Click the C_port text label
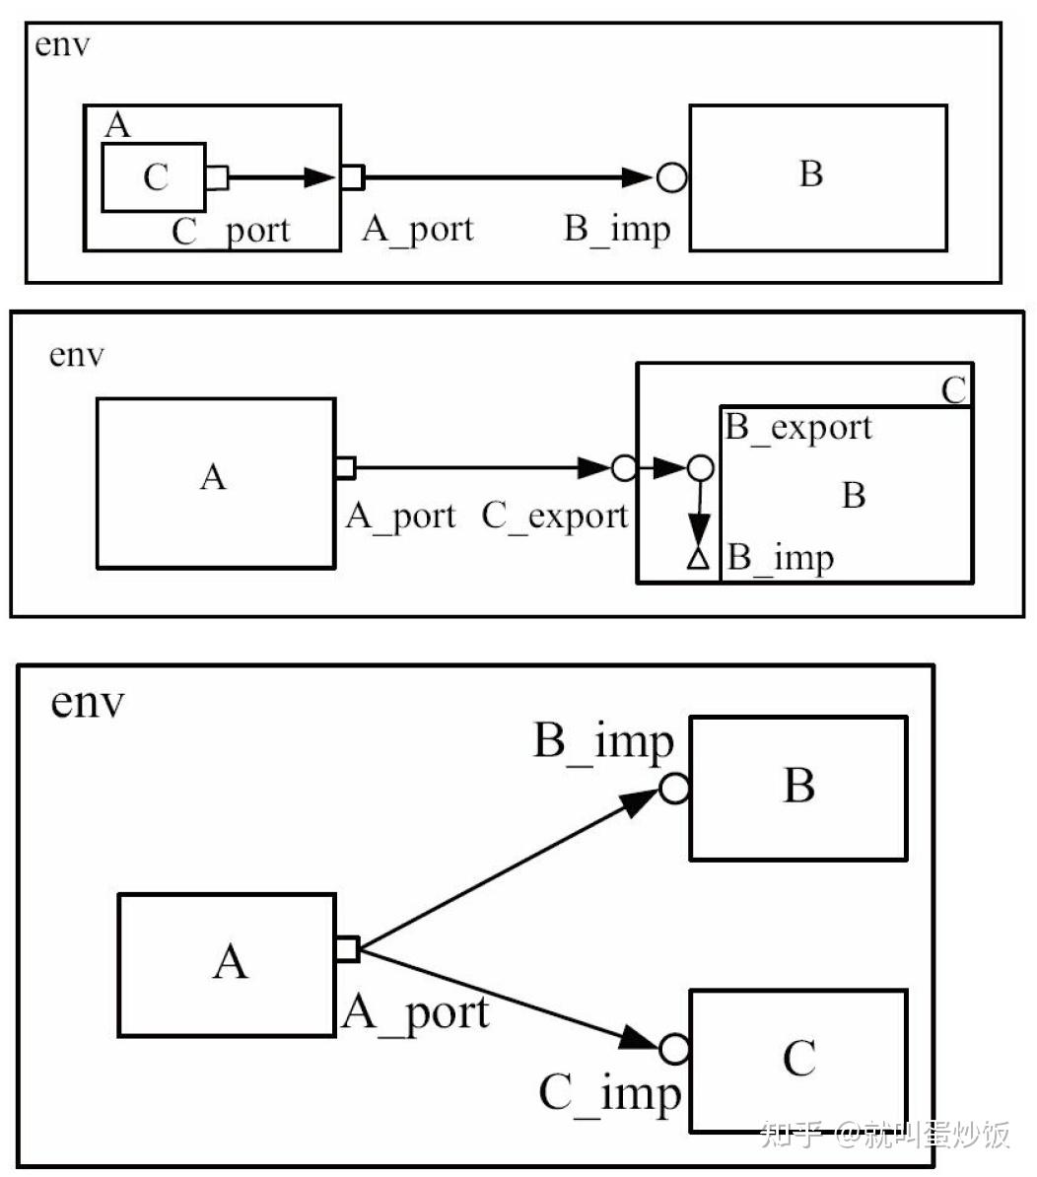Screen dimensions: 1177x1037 (x=231, y=231)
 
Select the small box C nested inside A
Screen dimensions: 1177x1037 (x=154, y=177)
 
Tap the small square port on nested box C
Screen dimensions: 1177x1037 (x=217, y=177)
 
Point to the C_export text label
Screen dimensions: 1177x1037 (x=554, y=516)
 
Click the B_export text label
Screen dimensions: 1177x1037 (x=798, y=428)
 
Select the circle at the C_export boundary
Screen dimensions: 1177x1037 (x=624, y=468)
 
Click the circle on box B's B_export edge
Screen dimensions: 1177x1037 (x=699, y=468)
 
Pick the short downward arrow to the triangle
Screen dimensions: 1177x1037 (x=699, y=513)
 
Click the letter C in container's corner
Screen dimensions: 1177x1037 (x=953, y=390)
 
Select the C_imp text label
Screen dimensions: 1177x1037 (x=609, y=1093)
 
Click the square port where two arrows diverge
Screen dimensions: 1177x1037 (x=346, y=949)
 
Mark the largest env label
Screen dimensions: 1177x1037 (x=88, y=703)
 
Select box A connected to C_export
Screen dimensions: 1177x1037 (x=215, y=483)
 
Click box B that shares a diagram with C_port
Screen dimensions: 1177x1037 (x=817, y=177)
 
